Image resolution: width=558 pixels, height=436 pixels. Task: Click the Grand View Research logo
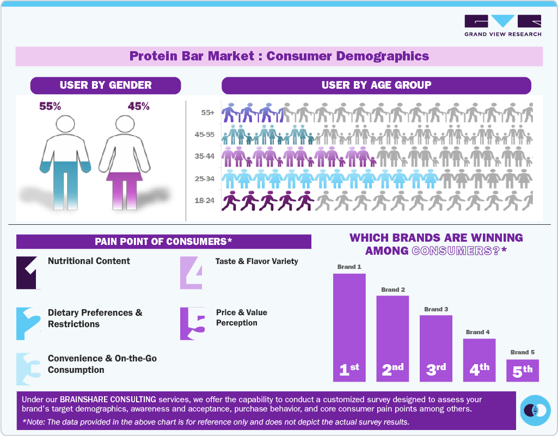point(502,26)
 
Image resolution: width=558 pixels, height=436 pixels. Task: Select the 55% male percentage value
point(50,107)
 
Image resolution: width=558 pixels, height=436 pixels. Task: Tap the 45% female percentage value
point(138,107)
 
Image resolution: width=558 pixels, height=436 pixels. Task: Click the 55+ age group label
point(207,113)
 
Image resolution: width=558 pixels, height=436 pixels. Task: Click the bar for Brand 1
point(349,327)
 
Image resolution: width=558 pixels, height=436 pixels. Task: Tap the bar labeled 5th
point(523,370)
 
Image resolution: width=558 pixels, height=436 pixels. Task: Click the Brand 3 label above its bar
point(436,309)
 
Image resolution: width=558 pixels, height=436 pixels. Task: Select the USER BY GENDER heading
point(106,85)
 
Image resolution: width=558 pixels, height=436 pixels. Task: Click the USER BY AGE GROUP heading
point(376,85)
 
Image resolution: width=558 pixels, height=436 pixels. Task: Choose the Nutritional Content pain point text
point(89,261)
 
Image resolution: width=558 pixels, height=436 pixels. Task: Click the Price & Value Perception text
point(242,317)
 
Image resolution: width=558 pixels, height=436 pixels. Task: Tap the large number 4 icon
point(192,272)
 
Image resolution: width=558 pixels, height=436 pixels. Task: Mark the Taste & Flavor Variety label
point(256,261)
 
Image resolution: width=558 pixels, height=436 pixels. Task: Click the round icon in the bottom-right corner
point(535,410)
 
